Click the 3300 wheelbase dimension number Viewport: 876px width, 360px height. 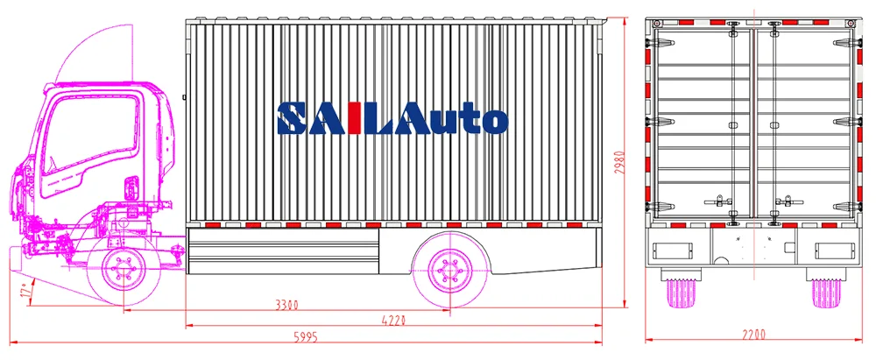(x=286, y=305)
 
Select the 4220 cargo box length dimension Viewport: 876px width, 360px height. (x=393, y=321)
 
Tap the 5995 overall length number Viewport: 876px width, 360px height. (x=306, y=337)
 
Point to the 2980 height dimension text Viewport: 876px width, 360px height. (x=619, y=163)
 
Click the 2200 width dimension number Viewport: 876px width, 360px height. (x=753, y=335)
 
